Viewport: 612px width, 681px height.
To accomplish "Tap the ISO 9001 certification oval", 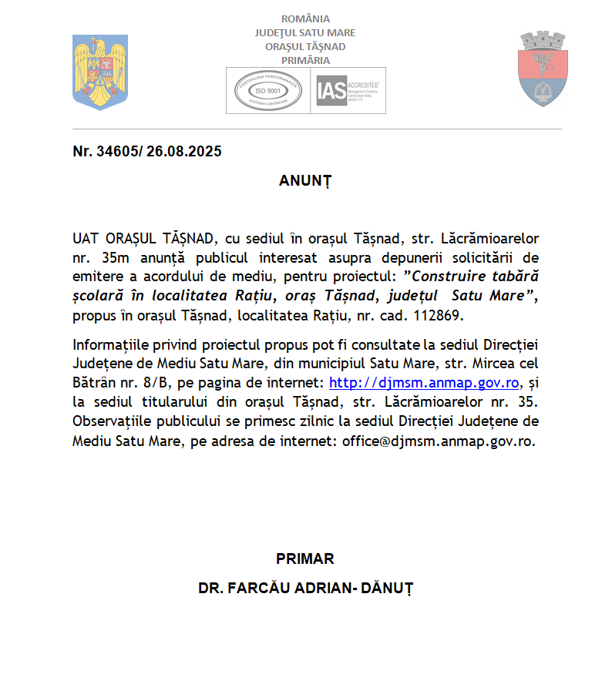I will coord(267,91).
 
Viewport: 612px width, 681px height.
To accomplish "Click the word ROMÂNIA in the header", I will coord(305,18).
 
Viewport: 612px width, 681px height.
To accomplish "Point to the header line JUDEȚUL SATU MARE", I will coord(305,32).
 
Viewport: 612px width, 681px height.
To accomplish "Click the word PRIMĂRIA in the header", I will coord(305,60).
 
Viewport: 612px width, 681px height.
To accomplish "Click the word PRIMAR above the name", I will coord(305,559).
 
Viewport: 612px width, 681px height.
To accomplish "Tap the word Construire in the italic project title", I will coord(447,276).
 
